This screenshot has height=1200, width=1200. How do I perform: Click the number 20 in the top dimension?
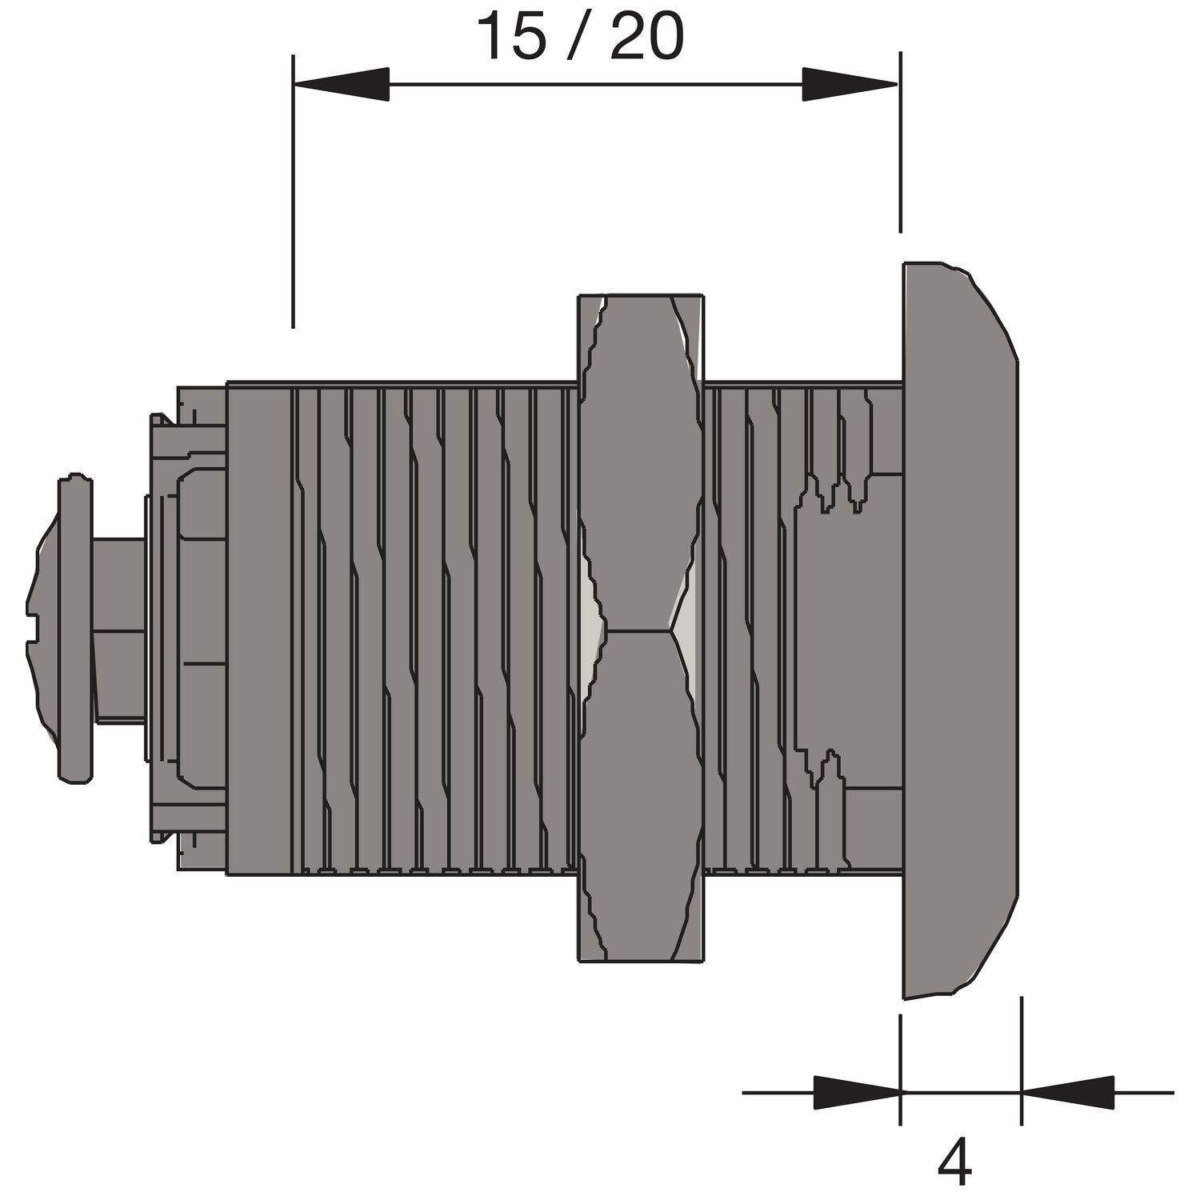pyautogui.click(x=646, y=37)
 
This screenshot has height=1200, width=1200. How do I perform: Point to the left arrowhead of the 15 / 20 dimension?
pyautogui.click(x=342, y=84)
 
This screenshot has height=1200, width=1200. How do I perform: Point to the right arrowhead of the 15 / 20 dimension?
pyautogui.click(x=850, y=84)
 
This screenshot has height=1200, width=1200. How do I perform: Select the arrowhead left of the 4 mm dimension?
pyautogui.click(x=857, y=1092)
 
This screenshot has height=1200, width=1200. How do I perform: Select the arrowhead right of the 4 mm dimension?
pyautogui.click(x=1067, y=1092)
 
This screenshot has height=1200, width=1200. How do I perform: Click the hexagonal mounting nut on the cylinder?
pyautogui.click(x=641, y=627)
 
